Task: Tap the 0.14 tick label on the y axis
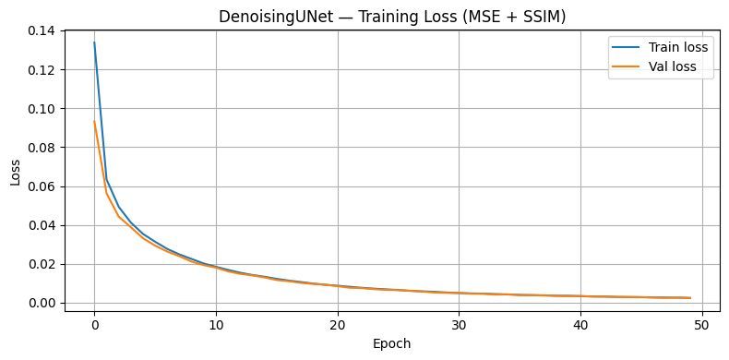click(x=42, y=31)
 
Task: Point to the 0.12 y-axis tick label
click(x=42, y=70)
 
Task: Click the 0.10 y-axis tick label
click(x=42, y=109)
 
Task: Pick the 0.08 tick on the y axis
click(x=42, y=148)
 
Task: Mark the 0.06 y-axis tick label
click(x=42, y=186)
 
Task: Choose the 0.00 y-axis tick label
click(x=42, y=303)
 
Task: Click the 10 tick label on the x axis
click(x=215, y=324)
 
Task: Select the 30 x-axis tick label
click(x=459, y=324)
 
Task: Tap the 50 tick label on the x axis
click(x=702, y=324)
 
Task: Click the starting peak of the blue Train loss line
click(x=94, y=42)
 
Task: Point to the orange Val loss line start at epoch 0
click(x=94, y=122)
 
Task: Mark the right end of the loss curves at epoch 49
click(x=690, y=297)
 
